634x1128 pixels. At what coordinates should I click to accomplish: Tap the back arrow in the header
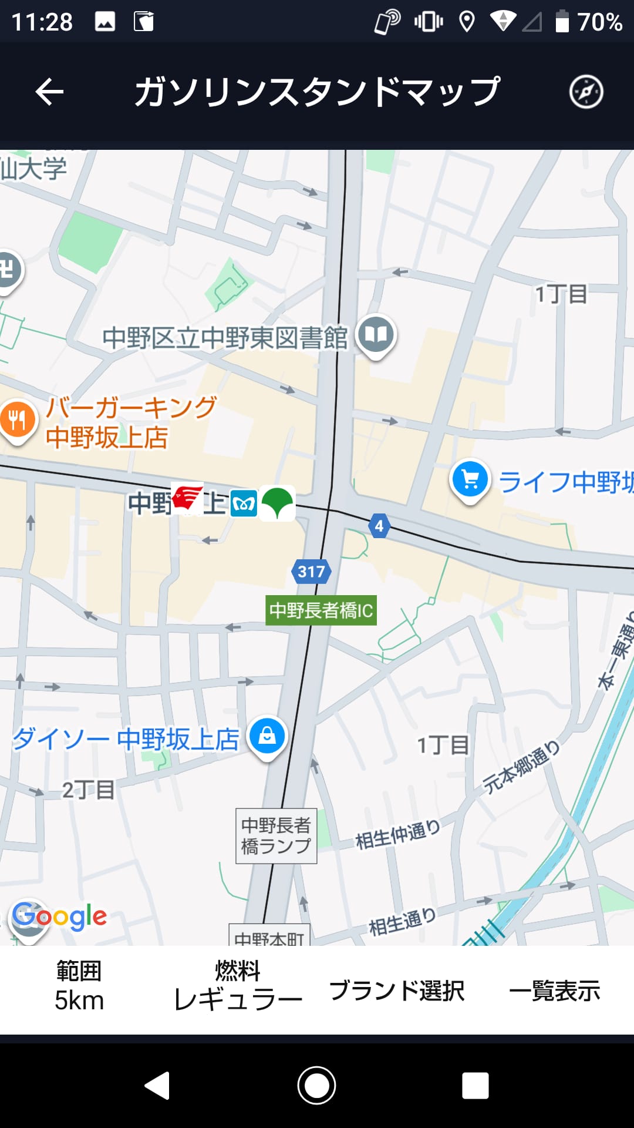pos(49,92)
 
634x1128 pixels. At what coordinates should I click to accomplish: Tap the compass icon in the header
pos(586,92)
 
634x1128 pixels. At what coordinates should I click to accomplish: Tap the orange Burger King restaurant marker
pos(18,419)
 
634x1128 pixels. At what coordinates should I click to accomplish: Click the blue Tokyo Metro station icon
pos(244,503)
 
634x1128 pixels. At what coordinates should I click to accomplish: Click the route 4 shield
pos(379,526)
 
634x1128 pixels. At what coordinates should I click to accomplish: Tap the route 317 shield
pos(311,571)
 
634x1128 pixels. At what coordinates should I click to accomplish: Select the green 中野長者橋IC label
pos(321,610)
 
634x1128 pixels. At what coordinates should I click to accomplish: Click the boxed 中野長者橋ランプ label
pos(276,835)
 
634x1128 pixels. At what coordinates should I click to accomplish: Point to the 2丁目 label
pos(88,790)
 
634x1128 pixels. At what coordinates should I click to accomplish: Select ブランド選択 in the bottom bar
pos(397,991)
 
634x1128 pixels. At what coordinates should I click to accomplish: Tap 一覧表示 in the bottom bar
pos(554,991)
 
